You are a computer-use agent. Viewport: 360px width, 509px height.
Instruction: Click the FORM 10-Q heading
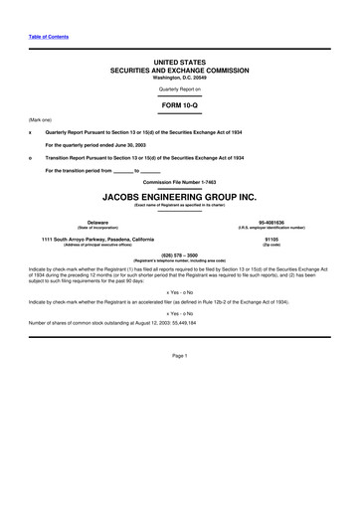point(179,104)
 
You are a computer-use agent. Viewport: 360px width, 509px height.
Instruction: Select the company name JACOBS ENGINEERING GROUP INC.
point(179,197)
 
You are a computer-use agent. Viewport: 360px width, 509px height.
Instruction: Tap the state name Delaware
point(70,222)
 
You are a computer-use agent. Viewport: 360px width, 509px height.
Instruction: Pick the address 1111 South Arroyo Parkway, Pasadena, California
point(97,239)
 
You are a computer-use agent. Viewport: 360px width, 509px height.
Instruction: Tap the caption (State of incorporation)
point(70,228)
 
